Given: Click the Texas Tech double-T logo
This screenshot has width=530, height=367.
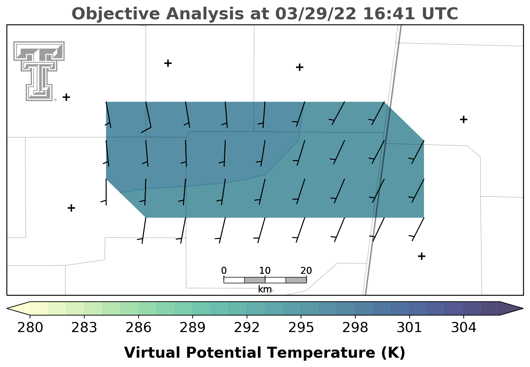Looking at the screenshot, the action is coord(39,71).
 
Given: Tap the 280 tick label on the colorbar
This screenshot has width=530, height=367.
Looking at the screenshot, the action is coord(30,328).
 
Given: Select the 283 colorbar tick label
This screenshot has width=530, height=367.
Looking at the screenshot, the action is coord(84,328).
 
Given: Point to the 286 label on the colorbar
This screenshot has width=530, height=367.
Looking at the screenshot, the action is coord(138,328).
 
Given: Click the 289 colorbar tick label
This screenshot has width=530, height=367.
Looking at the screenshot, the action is coord(193,328).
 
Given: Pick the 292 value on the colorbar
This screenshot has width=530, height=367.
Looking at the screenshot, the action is coord(247,328).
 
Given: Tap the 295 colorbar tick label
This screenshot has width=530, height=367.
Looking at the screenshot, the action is coord(301,328).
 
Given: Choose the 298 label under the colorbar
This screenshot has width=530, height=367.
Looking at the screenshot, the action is coord(355,328).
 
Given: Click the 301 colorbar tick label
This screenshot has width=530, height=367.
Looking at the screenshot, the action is coord(409,328).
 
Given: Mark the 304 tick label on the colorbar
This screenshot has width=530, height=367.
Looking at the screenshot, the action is coord(464,328).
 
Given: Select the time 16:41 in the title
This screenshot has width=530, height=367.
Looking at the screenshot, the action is coord(389,14).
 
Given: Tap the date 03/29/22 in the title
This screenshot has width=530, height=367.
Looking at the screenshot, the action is coord(316,14).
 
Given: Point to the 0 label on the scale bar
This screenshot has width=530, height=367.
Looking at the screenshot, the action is coord(224,271).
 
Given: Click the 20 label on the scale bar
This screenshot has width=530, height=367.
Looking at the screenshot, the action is coord(306,271).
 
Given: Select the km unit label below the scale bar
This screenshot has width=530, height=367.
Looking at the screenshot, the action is coord(265,289).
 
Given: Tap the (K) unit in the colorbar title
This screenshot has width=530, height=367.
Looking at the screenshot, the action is coord(393,353).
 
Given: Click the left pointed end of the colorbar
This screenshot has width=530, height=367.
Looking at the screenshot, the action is coord(7,308).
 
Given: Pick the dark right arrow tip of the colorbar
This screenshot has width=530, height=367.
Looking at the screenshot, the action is coord(523,308).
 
